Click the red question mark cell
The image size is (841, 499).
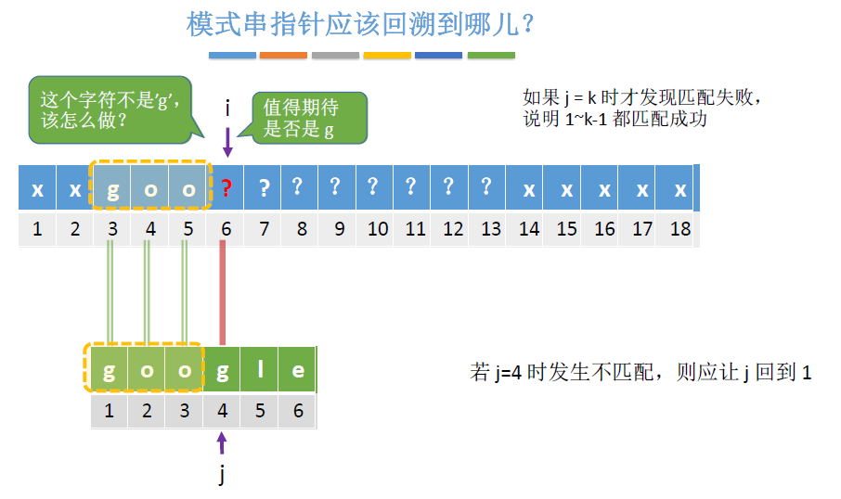pos(226,189)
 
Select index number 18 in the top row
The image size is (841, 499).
pos(680,229)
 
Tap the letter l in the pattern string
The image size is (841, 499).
pos(260,369)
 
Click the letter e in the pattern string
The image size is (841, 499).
pos(298,369)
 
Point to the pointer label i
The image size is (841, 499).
pos(227,109)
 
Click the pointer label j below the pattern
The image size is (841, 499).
pos(222,476)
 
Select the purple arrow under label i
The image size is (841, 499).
pos(227,141)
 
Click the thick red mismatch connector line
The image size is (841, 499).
pos(223,292)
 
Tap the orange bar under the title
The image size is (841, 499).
pos(283,56)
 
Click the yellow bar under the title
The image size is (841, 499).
pos(387,56)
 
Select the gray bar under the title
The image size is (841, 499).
pos(335,56)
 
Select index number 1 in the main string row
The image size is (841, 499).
pos(37,229)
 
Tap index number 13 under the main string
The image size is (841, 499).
pos(491,229)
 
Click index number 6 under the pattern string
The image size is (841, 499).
pos(298,410)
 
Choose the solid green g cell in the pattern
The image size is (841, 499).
pos(223,369)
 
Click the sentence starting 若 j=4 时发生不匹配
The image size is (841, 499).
pos(641,373)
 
